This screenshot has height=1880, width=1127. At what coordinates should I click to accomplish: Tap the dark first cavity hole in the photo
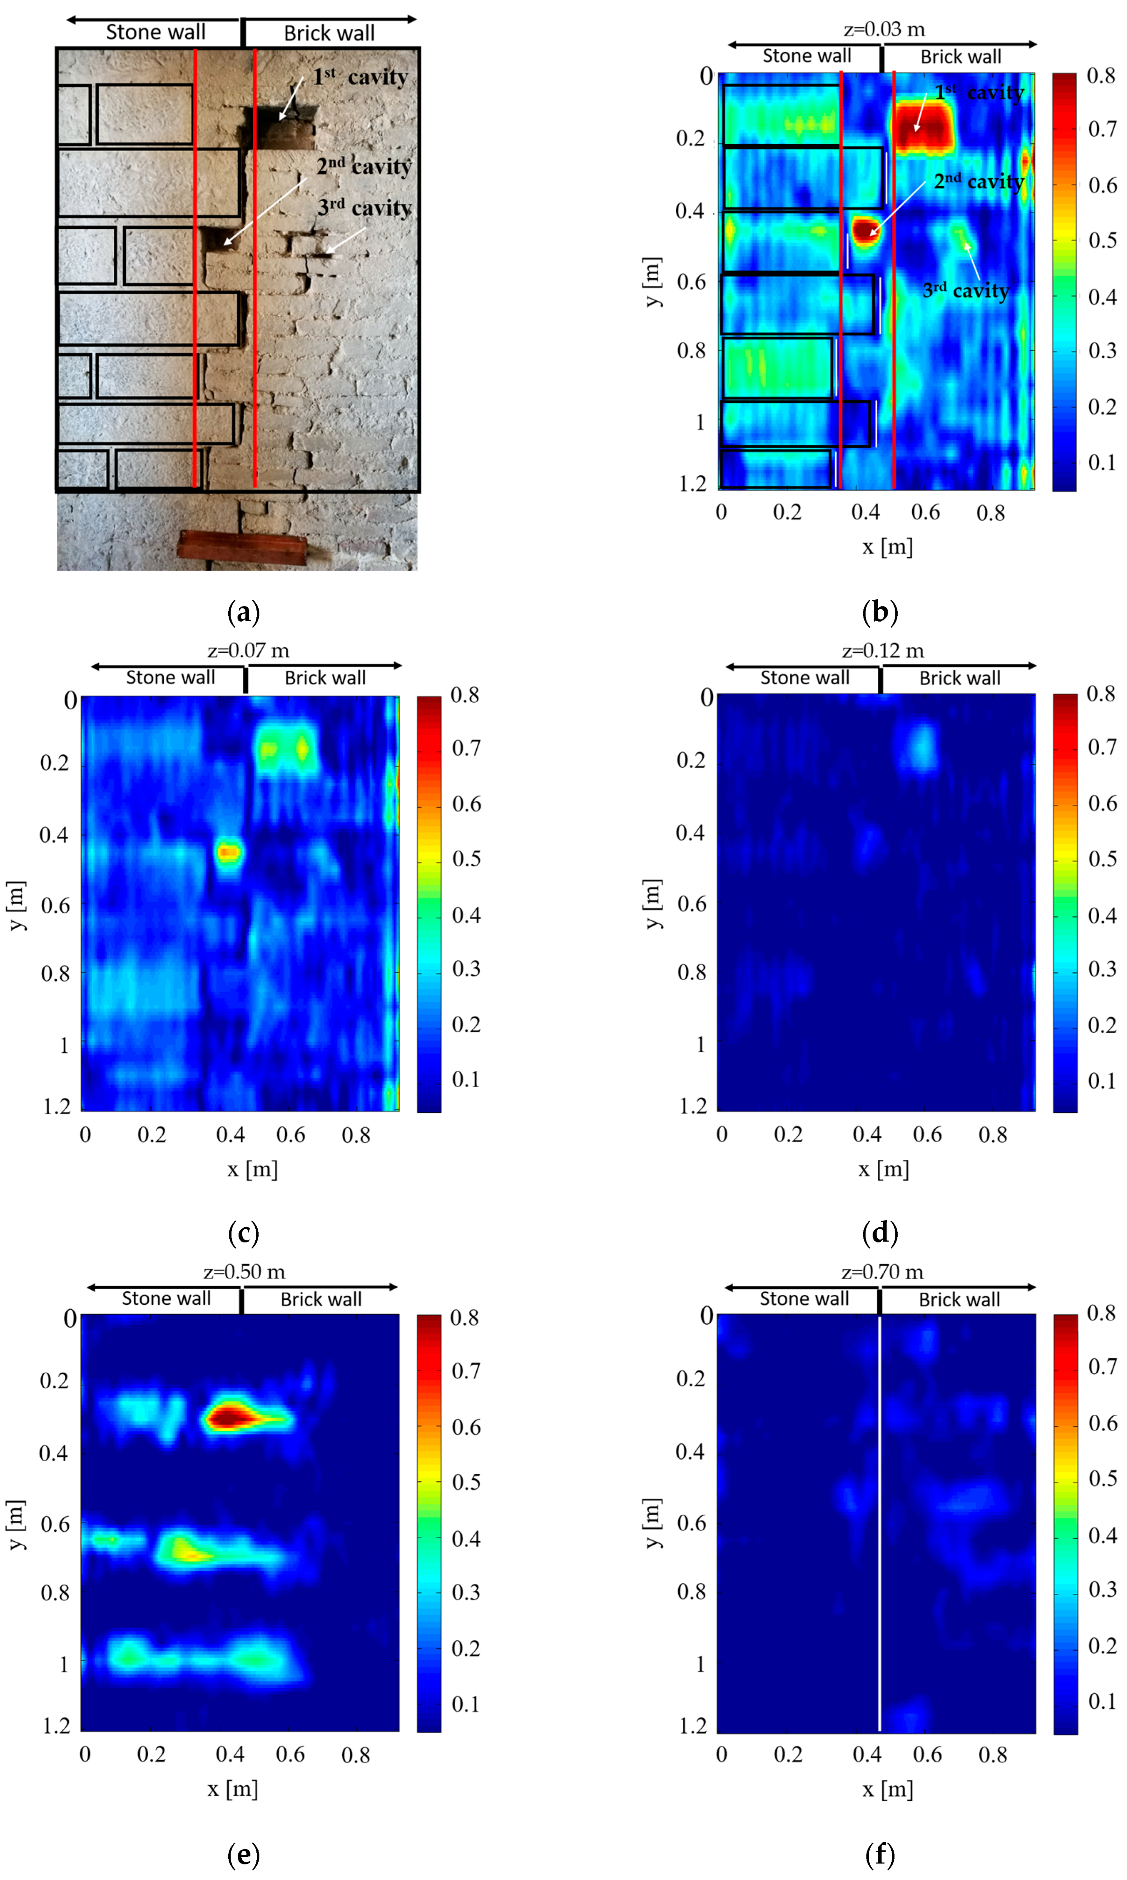coord(278,126)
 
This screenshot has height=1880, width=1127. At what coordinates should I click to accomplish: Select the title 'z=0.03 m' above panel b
coord(884,30)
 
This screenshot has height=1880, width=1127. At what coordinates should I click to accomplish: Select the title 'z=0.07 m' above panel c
coord(248,651)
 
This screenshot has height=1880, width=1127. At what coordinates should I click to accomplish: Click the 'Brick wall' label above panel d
coord(959,678)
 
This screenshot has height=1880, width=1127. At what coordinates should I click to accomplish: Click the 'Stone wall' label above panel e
coord(166,1299)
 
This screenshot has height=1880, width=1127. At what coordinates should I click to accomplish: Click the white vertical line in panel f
coord(880,1519)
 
